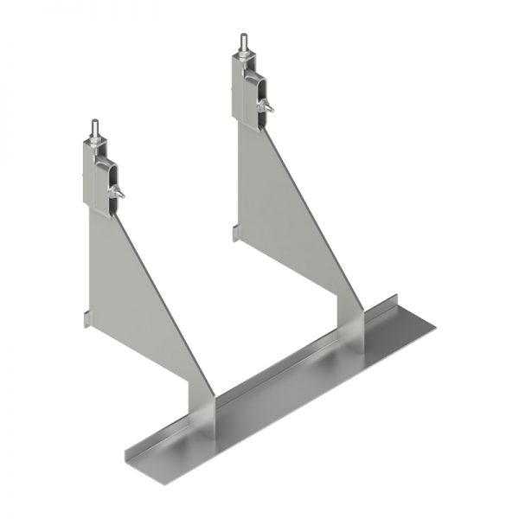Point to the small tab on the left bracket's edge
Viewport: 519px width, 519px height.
coord(86,320)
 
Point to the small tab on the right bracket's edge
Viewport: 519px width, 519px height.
coord(234,232)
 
